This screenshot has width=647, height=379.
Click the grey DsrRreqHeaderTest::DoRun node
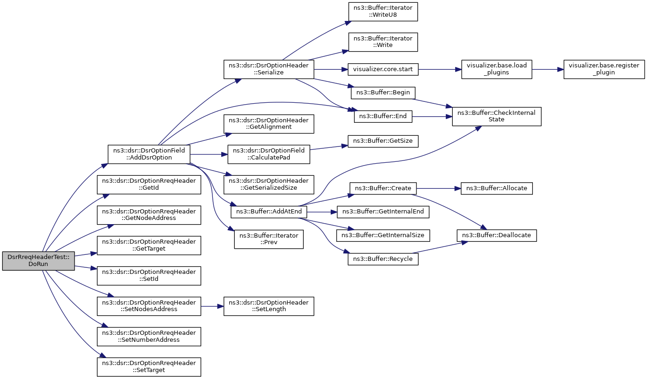pyautogui.click(x=38, y=261)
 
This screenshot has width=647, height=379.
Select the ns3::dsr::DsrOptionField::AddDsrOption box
pyautogui.click(x=149, y=154)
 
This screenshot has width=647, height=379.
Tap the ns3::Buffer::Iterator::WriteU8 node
pyautogui.click(x=383, y=12)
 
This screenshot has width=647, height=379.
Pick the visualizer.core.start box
pyautogui.click(x=383, y=69)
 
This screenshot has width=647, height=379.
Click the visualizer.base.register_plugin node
pyautogui.click(x=604, y=69)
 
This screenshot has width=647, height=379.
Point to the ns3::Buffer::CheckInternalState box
pyautogui.click(x=497, y=116)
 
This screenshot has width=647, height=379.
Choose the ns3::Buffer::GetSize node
pyautogui.click(x=383, y=141)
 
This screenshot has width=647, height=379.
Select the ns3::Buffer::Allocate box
pyautogui.click(x=497, y=188)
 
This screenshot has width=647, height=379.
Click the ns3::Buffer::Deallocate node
pyautogui.click(x=497, y=235)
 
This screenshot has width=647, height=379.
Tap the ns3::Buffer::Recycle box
pyautogui.click(x=383, y=259)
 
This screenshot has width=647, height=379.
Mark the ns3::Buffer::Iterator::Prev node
pyautogui.click(x=269, y=239)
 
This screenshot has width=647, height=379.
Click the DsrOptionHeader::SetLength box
pyautogui.click(x=269, y=306)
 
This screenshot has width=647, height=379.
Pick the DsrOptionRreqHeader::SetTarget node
pyautogui.click(x=149, y=367)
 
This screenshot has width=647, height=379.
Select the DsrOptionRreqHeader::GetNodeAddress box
pyautogui.click(x=149, y=215)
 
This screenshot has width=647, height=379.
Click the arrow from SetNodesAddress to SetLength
pyautogui.click(x=212, y=306)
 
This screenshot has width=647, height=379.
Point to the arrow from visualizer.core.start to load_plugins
pyautogui.click(x=440, y=69)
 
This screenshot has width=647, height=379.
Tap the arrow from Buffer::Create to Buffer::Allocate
pyautogui.click(x=438, y=188)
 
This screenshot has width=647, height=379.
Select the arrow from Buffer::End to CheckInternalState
pyautogui.click(x=432, y=117)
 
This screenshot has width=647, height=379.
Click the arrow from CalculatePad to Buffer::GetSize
pyautogui.click(x=329, y=147)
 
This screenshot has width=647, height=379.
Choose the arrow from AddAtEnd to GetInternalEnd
pyautogui.click(x=322, y=212)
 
